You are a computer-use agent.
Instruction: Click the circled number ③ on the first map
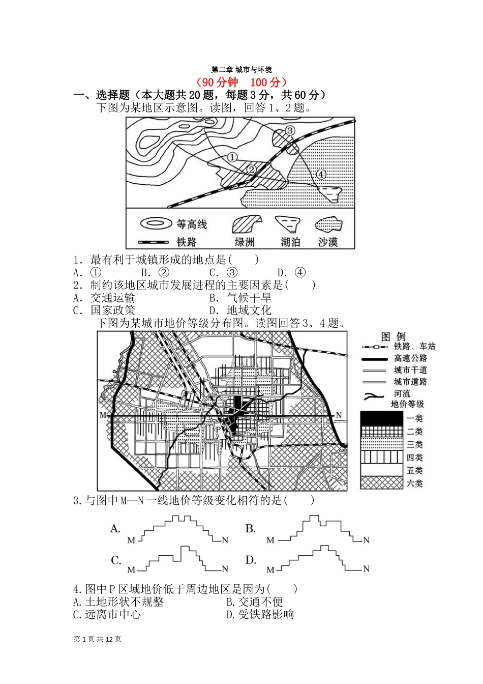click(x=289, y=130)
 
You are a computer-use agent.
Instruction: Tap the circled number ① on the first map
click(x=232, y=157)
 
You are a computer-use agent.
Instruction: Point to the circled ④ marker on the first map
click(x=321, y=174)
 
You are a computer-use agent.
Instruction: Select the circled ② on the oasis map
click(x=252, y=169)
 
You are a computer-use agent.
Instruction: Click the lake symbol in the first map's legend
click(x=288, y=224)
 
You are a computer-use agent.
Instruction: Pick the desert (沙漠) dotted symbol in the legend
click(x=328, y=224)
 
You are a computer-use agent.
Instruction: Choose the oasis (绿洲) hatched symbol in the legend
click(x=247, y=224)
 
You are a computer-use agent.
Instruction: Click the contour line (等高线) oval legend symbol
click(x=156, y=224)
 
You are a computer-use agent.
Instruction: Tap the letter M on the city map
click(x=103, y=415)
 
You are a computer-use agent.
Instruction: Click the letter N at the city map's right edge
click(x=339, y=415)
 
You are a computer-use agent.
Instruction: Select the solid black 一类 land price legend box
click(x=381, y=418)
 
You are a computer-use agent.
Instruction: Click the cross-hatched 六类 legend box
click(x=381, y=483)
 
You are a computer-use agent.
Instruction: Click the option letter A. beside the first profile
click(x=115, y=529)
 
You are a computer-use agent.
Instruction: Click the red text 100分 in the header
click(x=265, y=82)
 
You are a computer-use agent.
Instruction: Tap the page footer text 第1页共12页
click(x=98, y=639)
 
